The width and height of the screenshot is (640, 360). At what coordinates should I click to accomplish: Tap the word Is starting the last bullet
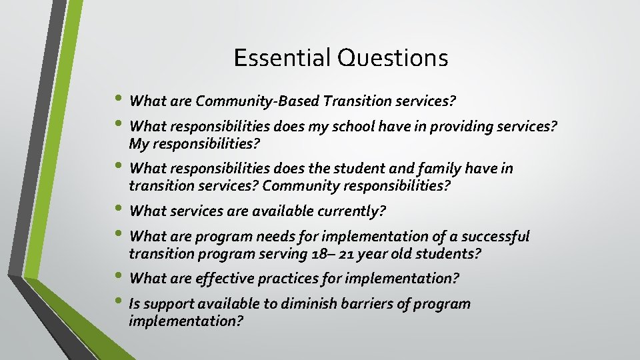(135, 304)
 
